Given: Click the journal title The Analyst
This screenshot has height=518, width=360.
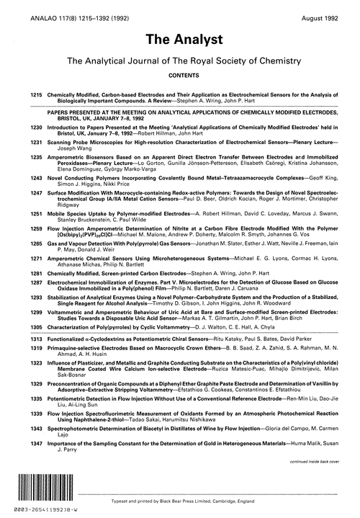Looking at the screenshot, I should coord(179,39).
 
